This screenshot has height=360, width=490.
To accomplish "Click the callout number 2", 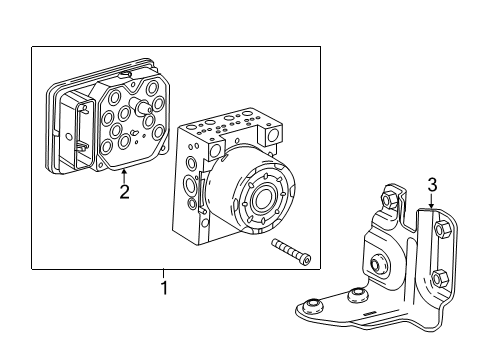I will point(124,191).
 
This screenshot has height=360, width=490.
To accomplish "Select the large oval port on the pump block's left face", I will point(190,187).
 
